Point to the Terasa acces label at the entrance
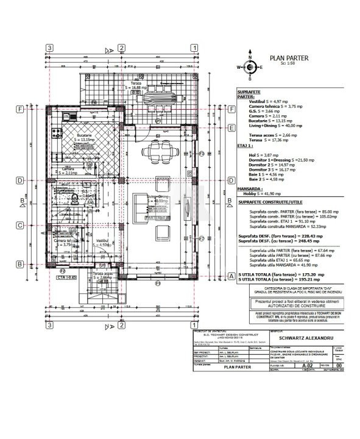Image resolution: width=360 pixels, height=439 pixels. pos(104,274)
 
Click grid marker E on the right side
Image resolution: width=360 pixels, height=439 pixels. pos(231,128)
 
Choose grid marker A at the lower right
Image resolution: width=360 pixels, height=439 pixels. pos(231,276)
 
